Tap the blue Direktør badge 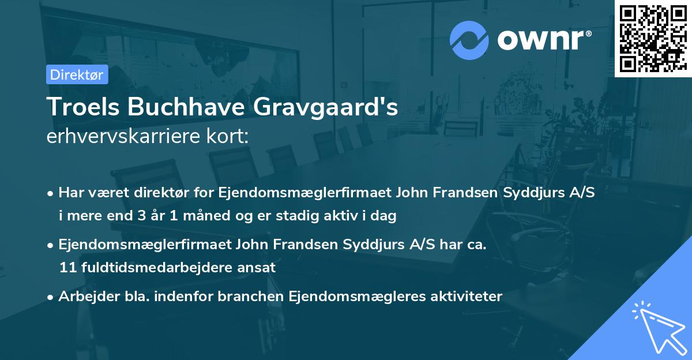point(77,74)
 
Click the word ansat point(259,268)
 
